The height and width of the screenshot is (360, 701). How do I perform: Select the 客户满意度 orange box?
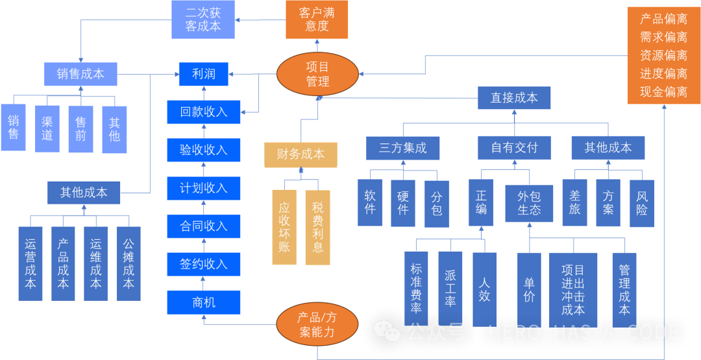(317, 19)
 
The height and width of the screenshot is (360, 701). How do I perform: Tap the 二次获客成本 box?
(203, 19)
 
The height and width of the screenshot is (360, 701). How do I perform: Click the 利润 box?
(203, 74)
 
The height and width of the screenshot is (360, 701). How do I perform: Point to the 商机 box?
(203, 302)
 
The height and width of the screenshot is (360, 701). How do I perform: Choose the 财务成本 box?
(301, 155)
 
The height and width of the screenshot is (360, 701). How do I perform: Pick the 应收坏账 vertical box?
(284, 227)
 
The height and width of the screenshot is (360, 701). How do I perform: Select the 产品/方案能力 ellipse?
(317, 325)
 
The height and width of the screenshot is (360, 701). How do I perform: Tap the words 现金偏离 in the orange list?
(663, 92)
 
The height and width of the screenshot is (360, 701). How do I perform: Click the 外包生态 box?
(529, 203)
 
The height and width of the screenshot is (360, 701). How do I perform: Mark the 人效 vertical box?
(485, 289)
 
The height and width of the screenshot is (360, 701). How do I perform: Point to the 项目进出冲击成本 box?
(573, 289)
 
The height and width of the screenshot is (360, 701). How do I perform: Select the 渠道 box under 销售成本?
(47, 128)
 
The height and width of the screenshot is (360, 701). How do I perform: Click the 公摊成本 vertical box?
(129, 263)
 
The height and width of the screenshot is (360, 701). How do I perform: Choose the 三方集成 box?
(403, 148)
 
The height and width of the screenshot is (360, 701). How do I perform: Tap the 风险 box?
(642, 203)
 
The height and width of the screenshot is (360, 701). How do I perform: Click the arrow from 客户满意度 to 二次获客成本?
(261, 19)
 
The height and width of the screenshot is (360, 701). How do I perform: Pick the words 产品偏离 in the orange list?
(663, 19)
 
